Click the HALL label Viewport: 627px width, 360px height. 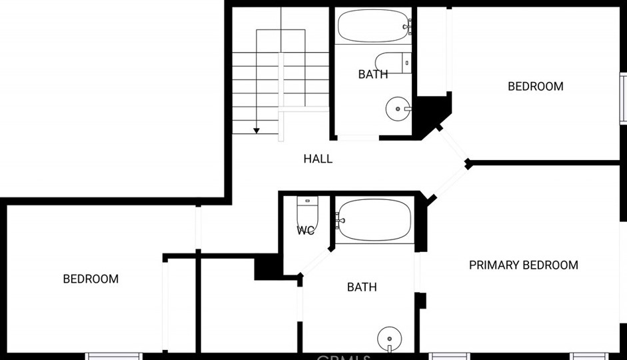point(318,159)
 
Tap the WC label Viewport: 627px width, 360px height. point(305,231)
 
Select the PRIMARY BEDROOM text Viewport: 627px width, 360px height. point(523,265)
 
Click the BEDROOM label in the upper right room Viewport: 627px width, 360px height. point(535,86)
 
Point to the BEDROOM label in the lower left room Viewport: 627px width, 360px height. point(91,279)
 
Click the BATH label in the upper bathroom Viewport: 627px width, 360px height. point(372,74)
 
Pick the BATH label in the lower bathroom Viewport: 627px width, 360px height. point(362,287)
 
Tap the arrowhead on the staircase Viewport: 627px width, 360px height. point(257,131)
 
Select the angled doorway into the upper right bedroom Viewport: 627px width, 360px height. point(453,144)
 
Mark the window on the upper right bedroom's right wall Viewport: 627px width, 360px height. point(623,96)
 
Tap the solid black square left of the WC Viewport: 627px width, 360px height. point(266,267)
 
